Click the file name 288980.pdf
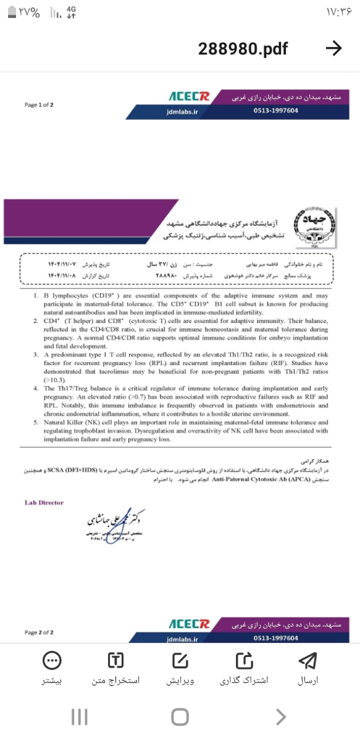point(243,49)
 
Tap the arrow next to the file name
point(333,49)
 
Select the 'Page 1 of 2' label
point(39,105)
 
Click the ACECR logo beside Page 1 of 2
point(190,98)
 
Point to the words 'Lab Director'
point(44,503)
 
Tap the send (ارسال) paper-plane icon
point(308,660)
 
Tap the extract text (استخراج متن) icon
point(115,660)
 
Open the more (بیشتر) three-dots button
point(51,660)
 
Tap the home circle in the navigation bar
point(180,717)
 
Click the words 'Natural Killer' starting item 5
point(62,422)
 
